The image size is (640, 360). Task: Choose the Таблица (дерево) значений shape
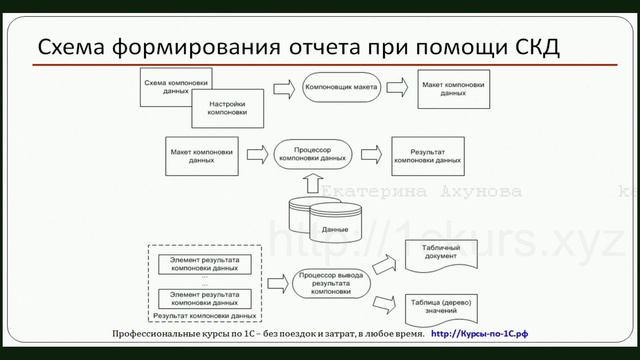click(441, 305)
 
